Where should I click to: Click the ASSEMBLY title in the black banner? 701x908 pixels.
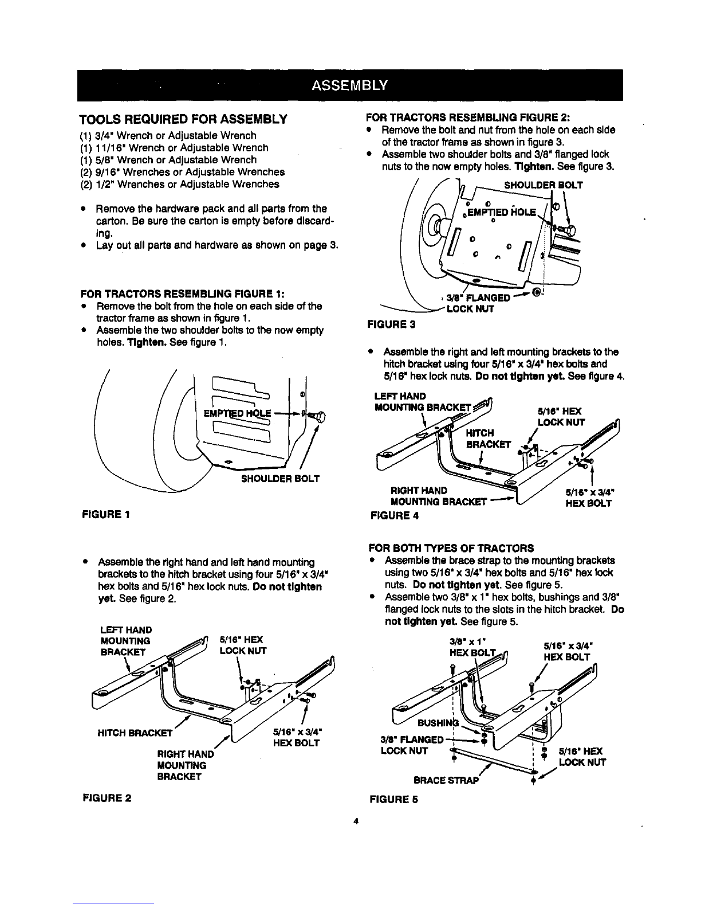350,85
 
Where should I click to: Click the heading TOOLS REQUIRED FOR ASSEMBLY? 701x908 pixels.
183,120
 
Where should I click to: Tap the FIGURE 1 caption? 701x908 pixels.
107,514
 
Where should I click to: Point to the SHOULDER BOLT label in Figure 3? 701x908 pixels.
543,185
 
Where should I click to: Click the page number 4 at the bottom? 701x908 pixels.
356,822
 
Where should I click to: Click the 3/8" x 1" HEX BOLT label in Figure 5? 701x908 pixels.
471,648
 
